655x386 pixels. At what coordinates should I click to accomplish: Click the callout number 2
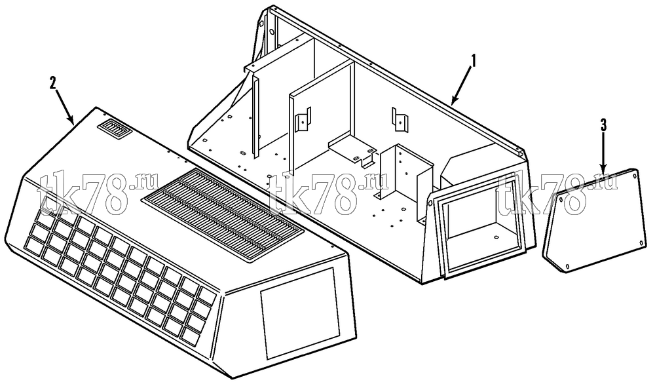(52, 83)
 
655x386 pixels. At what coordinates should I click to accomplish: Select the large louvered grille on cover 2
(223, 215)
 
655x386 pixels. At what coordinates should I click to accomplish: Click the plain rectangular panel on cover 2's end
(299, 313)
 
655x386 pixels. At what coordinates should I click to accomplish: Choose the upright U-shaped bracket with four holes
(402, 171)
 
